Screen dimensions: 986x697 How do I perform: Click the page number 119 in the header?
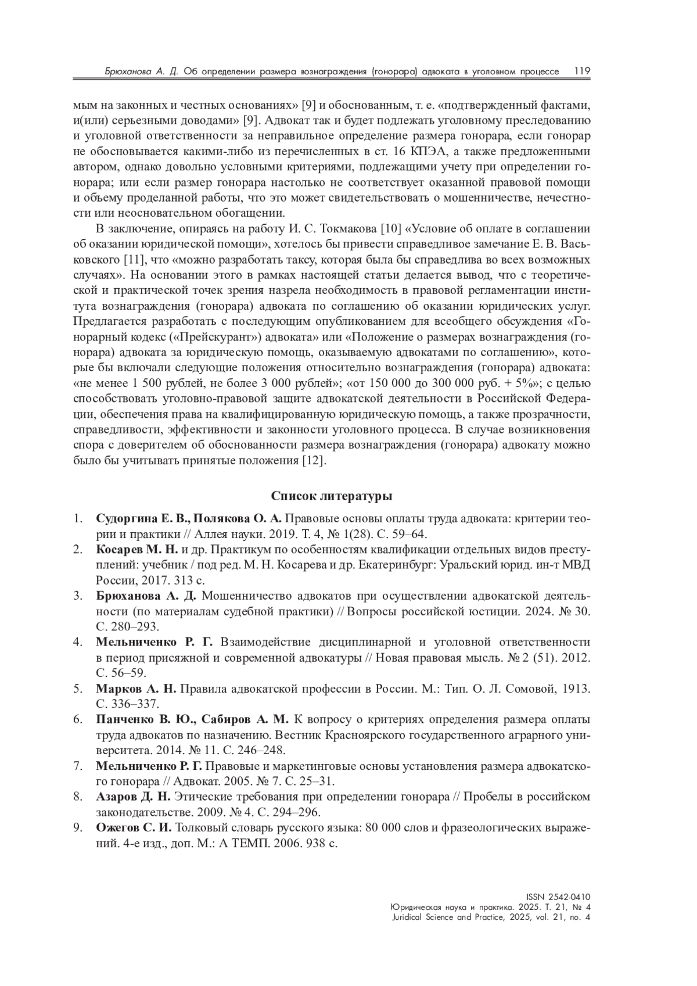(582, 71)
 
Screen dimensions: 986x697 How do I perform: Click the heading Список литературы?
(332, 496)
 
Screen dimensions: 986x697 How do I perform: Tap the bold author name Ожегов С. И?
(134, 827)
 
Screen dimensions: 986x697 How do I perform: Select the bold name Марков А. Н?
(135, 689)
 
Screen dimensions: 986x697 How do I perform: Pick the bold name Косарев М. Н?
(137, 550)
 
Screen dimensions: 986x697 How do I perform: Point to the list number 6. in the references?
(78, 720)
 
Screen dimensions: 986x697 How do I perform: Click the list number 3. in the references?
(78, 596)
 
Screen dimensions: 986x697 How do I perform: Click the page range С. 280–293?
(127, 627)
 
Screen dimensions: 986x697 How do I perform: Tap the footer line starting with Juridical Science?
(491, 917)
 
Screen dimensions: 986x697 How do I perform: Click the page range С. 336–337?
(127, 704)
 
